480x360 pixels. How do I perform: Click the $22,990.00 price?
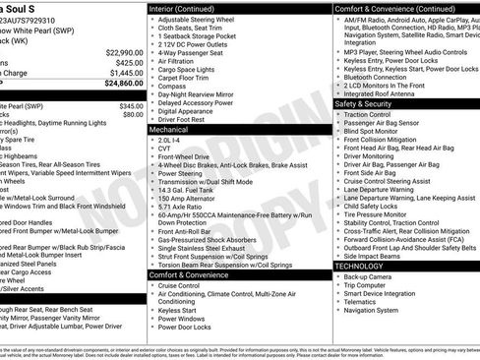coord(118,51)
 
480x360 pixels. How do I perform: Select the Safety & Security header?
coord(363,103)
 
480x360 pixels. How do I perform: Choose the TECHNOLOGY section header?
coord(359,266)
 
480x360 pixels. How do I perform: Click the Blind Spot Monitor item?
coord(371,131)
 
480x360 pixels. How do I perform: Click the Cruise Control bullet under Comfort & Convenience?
coord(182,286)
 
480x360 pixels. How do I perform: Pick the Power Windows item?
coord(182,317)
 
